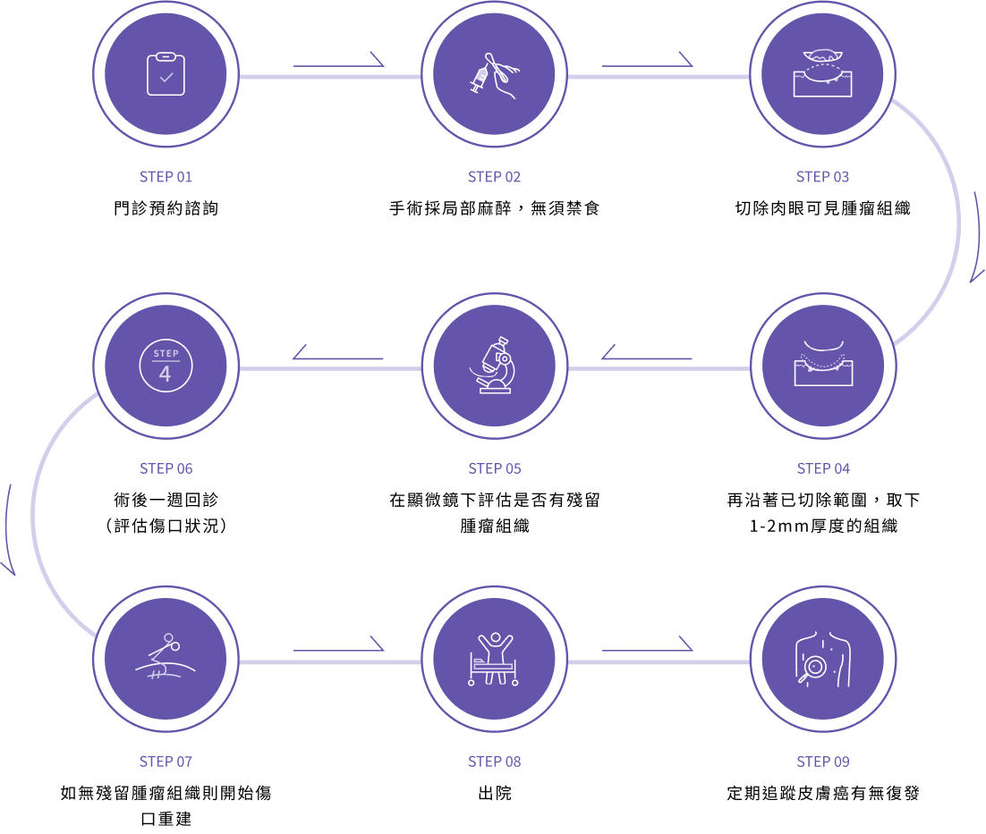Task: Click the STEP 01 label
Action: pyautogui.click(x=166, y=177)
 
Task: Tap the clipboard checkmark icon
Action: pyautogui.click(x=166, y=75)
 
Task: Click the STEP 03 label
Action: pyautogui.click(x=822, y=177)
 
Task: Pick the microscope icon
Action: pyautogui.click(x=494, y=365)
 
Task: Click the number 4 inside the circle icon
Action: pyautogui.click(x=165, y=374)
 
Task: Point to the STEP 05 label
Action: pyautogui.click(x=494, y=468)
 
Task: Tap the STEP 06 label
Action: pyautogui.click(x=166, y=468)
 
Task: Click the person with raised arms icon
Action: pyautogui.click(x=494, y=658)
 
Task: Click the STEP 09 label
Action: pyautogui.click(x=822, y=762)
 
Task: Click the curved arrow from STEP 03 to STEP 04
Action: pyautogui.click(x=976, y=237)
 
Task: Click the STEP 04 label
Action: pyautogui.click(x=823, y=468)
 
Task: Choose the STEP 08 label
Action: pyautogui.click(x=494, y=762)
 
